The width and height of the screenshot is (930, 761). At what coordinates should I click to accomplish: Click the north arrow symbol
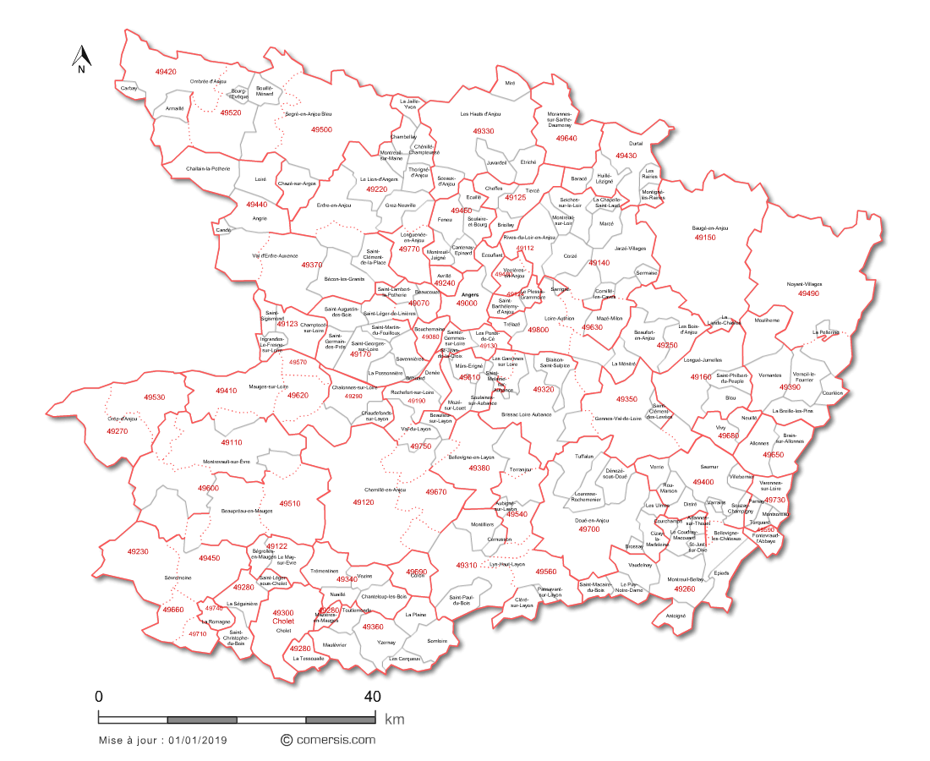tap(81, 59)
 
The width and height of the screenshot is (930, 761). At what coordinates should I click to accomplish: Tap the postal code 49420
tap(166, 72)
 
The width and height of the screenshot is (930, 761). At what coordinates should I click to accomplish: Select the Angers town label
tap(471, 295)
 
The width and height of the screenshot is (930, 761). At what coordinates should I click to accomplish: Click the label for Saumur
tap(708, 466)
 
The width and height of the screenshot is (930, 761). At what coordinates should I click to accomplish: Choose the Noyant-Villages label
tap(804, 284)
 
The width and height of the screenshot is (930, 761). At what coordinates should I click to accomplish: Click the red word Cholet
tap(283, 621)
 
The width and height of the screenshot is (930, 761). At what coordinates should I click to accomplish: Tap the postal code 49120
tap(363, 502)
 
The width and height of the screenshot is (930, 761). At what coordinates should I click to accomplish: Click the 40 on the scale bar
tap(371, 697)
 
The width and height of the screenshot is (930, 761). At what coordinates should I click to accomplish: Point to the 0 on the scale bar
tap(99, 697)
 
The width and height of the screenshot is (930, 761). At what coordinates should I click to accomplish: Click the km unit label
tap(394, 720)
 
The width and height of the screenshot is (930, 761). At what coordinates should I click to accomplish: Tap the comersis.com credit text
tap(334, 739)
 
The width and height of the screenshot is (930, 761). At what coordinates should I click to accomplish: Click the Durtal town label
tap(637, 144)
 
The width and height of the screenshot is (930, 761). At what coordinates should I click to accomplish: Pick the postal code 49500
tap(321, 130)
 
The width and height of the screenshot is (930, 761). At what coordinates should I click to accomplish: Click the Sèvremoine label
tap(178, 578)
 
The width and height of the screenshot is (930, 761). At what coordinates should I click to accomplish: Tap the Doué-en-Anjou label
tap(592, 520)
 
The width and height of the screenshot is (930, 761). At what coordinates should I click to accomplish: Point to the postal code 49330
tap(483, 132)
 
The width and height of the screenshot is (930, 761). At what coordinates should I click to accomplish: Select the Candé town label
tap(223, 229)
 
